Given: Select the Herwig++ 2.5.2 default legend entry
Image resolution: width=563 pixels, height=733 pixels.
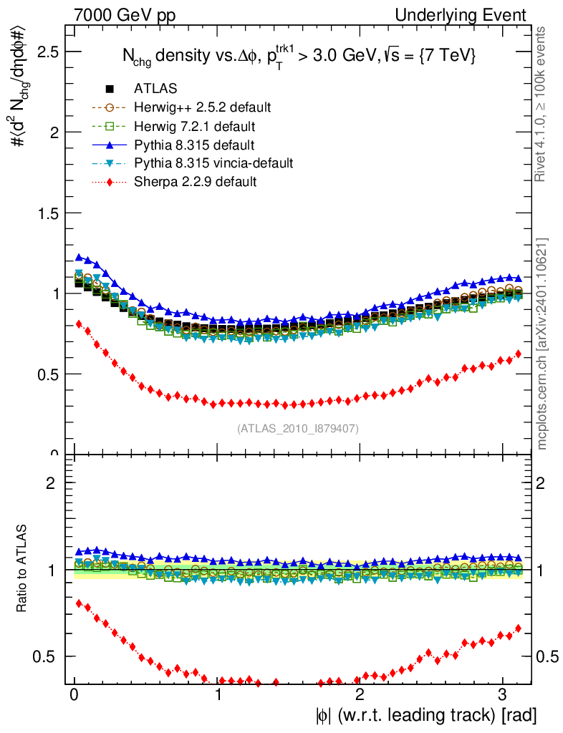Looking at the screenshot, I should click(x=202, y=107).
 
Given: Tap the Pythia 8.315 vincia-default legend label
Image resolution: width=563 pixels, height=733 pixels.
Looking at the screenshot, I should click(x=213, y=163).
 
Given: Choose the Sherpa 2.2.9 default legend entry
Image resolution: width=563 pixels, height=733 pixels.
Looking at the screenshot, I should click(x=195, y=182).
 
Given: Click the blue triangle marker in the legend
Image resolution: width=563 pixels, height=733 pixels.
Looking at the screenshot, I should click(x=110, y=145).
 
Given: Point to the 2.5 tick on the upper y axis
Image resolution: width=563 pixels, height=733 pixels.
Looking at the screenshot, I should click(x=47, y=52).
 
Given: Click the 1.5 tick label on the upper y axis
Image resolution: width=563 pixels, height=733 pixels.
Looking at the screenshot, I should click(x=47, y=213).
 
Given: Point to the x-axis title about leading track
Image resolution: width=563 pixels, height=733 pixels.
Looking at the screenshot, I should click(x=425, y=715).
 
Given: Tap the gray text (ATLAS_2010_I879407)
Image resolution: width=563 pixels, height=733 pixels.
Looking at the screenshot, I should click(x=298, y=429).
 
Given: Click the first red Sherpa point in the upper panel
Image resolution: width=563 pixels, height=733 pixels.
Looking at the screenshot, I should click(x=79, y=324).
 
